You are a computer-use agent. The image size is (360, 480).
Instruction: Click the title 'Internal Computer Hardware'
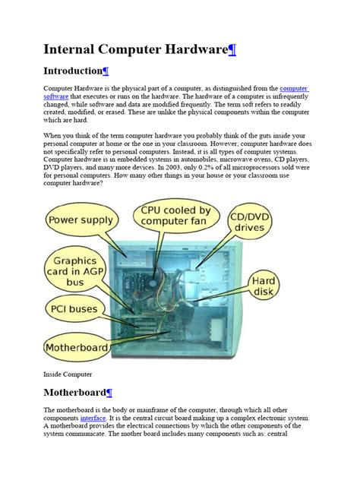pyautogui.click(x=135, y=50)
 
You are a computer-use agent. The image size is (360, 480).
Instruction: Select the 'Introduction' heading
pyautogui.click(x=72, y=71)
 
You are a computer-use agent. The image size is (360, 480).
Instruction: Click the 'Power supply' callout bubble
pyautogui.click(x=81, y=221)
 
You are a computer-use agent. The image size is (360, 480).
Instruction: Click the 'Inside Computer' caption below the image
pyautogui.click(x=68, y=374)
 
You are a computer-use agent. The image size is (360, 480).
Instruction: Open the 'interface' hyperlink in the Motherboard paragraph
pyautogui.click(x=93, y=418)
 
